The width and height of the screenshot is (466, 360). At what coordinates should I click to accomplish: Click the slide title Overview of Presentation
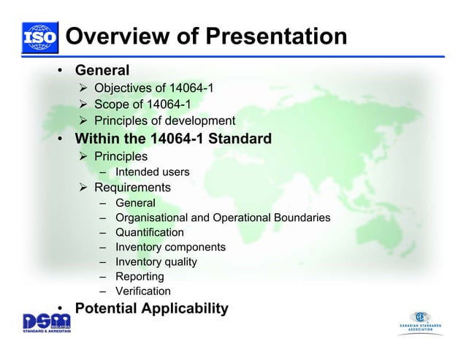pyautogui.click(x=206, y=36)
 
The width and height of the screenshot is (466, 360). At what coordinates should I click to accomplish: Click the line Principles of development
pyautogui.click(x=164, y=121)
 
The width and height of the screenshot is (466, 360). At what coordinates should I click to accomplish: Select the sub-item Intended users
pyautogui.click(x=152, y=172)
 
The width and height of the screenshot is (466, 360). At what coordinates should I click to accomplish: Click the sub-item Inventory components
pyautogui.click(x=170, y=248)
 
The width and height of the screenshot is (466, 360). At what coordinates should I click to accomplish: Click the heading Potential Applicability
pyautogui.click(x=151, y=309)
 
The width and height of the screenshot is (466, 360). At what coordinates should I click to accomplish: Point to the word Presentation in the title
pyautogui.click(x=277, y=36)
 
